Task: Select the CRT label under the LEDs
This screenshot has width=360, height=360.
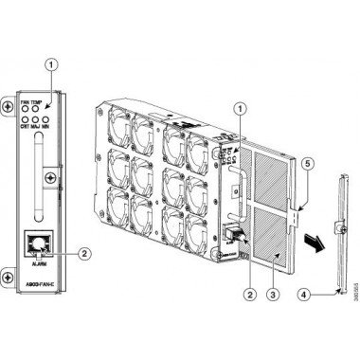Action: pos(26,121)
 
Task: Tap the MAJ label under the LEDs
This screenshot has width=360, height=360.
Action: pos(39,121)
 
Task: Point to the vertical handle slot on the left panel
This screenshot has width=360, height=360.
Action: pos(39,176)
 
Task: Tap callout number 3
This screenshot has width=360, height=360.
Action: pos(273,294)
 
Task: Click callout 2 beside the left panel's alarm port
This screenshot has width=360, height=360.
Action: pos(86,252)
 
